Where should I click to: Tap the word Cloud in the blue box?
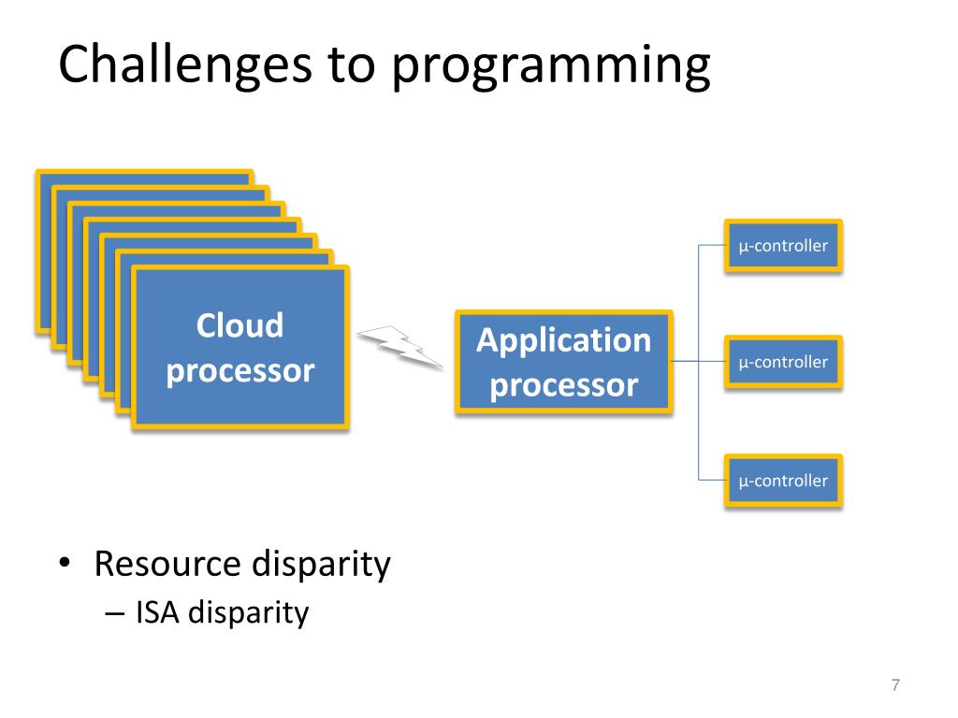pyautogui.click(x=239, y=325)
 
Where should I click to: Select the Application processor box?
pyautogui.click(x=564, y=362)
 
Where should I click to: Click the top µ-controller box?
pyautogui.click(x=783, y=246)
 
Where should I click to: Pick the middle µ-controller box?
pyautogui.click(x=783, y=362)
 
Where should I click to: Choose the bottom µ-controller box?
pyautogui.click(x=783, y=481)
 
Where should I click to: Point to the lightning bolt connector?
pyautogui.click(x=400, y=346)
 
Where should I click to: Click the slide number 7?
pyautogui.click(x=895, y=685)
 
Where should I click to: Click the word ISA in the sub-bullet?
pyautogui.click(x=154, y=613)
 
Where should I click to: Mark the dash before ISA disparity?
pyautogui.click(x=114, y=614)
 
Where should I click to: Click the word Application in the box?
pyautogui.click(x=564, y=339)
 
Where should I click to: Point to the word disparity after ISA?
pyautogui.click(x=248, y=613)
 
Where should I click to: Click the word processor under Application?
pyautogui.click(x=564, y=384)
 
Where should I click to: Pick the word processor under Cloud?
pyautogui.click(x=239, y=371)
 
